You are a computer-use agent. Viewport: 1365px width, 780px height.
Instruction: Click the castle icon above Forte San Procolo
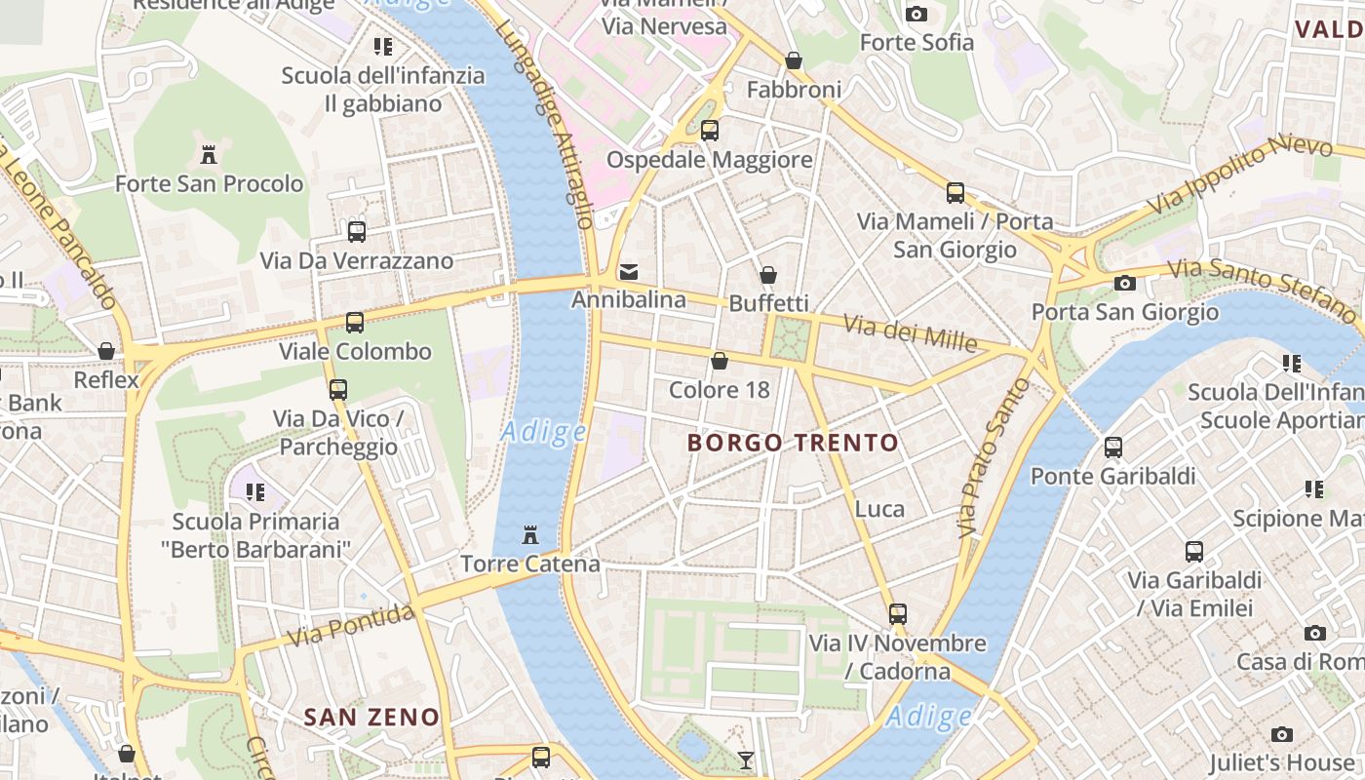pos(208,154)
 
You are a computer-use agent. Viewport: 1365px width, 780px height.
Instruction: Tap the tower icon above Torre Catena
pos(530,535)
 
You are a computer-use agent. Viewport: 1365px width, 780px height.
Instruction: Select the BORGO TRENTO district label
pos(793,443)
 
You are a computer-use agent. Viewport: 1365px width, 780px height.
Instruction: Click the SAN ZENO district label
pos(371,718)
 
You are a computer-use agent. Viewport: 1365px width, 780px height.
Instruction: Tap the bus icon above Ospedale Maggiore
pos(710,130)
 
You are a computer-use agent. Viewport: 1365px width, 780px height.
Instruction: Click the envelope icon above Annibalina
pos(629,271)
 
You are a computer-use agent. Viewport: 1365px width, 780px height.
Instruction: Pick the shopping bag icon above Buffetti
pos(768,275)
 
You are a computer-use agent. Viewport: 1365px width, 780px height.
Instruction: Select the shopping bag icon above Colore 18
pos(720,362)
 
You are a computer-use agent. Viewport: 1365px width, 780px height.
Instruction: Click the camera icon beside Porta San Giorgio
pos(1125,283)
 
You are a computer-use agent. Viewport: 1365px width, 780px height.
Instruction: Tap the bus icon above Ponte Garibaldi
pos(1113,448)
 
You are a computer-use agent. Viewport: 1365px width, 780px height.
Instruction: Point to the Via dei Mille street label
pos(910,332)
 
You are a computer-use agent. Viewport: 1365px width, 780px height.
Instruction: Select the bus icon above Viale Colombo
pos(355,323)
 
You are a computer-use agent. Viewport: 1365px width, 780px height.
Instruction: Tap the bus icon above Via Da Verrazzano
pos(357,232)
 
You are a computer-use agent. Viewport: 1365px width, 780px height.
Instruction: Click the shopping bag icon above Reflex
pos(106,351)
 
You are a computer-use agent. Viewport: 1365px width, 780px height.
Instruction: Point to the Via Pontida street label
pos(352,625)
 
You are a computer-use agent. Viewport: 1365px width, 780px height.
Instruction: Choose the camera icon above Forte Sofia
pos(916,14)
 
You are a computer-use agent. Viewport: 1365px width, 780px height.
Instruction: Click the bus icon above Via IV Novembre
pos(898,614)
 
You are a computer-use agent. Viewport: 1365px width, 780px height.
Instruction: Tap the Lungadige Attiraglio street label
pos(545,123)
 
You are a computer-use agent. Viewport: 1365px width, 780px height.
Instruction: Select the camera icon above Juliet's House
pos(1282,734)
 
